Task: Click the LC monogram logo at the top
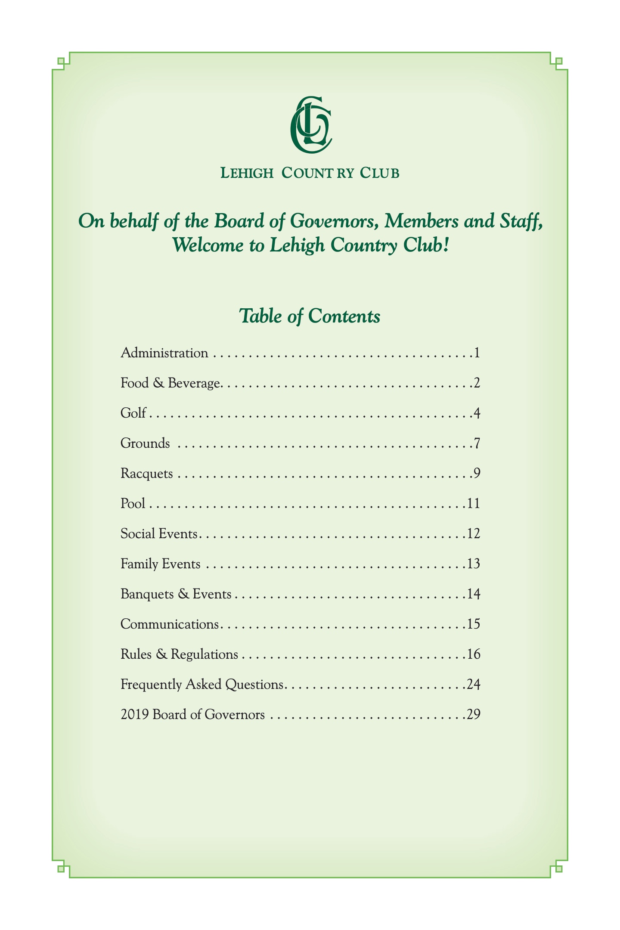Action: pyautogui.click(x=310, y=124)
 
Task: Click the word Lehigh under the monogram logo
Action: pyautogui.click(x=247, y=173)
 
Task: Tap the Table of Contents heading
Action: pyautogui.click(x=310, y=316)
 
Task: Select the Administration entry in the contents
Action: pyautogui.click(x=164, y=353)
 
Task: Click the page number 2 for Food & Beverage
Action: pyautogui.click(x=477, y=383)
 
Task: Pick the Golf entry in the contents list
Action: pyautogui.click(x=133, y=413)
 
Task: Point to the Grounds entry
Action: pyautogui.click(x=145, y=443)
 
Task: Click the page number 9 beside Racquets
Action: pyautogui.click(x=477, y=474)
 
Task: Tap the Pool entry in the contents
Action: pyautogui.click(x=133, y=504)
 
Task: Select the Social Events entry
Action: pyautogui.click(x=159, y=534)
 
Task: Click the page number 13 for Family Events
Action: pyautogui.click(x=474, y=564)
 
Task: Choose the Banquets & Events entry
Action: pyautogui.click(x=176, y=594)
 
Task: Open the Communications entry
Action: pyautogui.click(x=170, y=624)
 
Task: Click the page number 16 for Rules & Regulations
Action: pyautogui.click(x=474, y=654)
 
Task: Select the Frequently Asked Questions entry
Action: pyautogui.click(x=202, y=685)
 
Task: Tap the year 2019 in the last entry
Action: pyautogui.click(x=135, y=715)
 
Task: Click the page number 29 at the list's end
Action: pyautogui.click(x=474, y=715)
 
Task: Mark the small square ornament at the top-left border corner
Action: pyautogui.click(x=61, y=61)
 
